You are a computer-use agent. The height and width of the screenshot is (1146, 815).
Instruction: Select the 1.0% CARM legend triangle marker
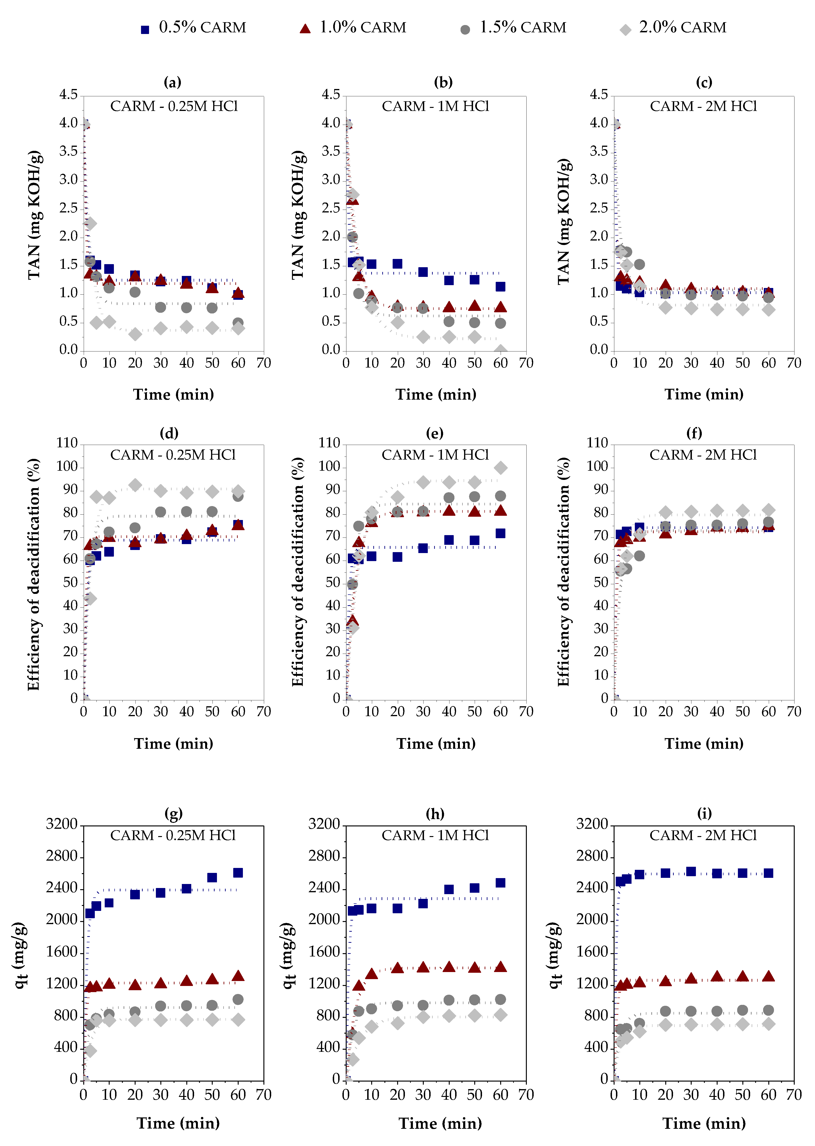point(305,29)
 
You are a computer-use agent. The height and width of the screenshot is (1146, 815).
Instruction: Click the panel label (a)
point(172,82)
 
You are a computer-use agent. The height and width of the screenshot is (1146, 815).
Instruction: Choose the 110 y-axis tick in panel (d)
point(67,443)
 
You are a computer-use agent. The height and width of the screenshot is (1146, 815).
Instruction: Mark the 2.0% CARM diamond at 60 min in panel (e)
point(500,468)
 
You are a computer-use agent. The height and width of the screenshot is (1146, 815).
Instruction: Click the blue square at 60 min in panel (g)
point(238,873)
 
